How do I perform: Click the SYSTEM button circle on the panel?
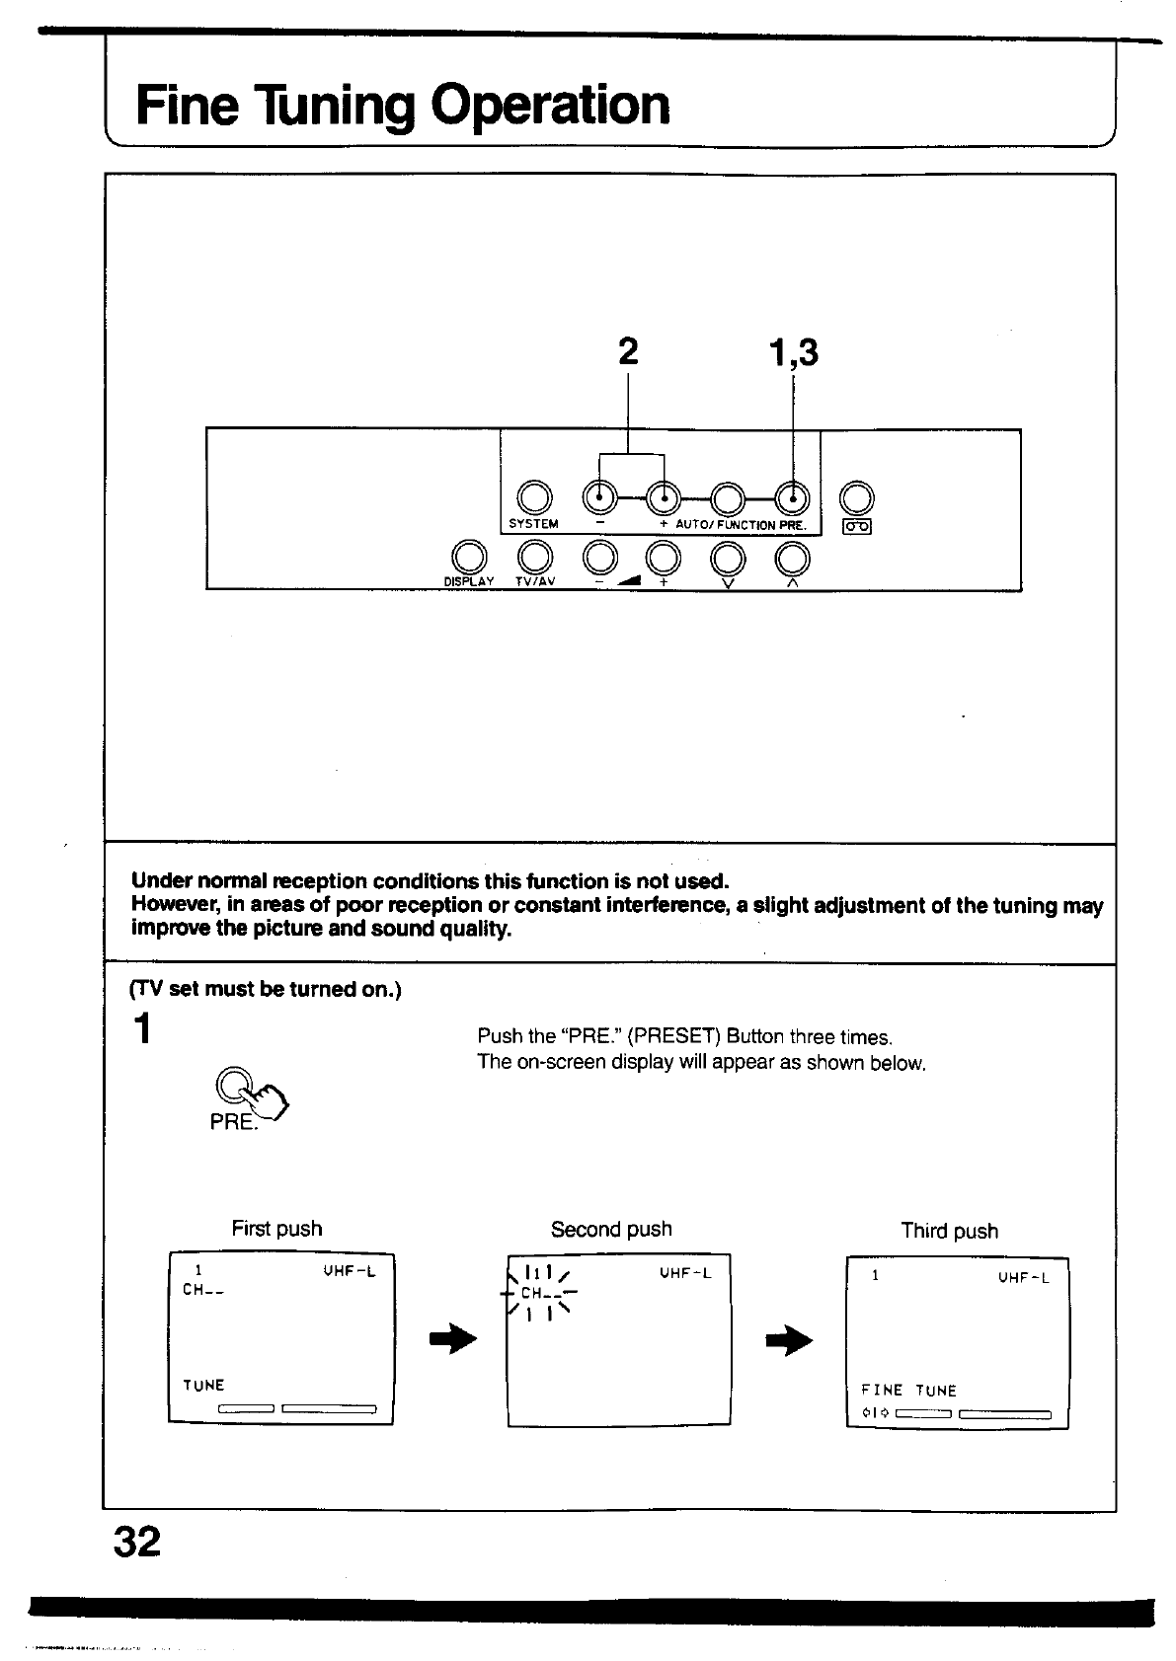point(533,496)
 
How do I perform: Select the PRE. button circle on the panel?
point(793,496)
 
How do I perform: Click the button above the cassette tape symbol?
point(856,496)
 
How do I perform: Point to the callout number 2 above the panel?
point(628,351)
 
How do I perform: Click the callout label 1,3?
point(793,351)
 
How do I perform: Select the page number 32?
point(136,1541)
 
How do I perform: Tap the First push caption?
point(276,1229)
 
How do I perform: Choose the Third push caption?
point(949,1231)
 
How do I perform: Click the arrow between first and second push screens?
point(453,1340)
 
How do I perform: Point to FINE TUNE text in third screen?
point(908,1391)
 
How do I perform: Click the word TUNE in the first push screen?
point(203,1386)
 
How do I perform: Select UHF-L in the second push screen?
point(685,1273)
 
